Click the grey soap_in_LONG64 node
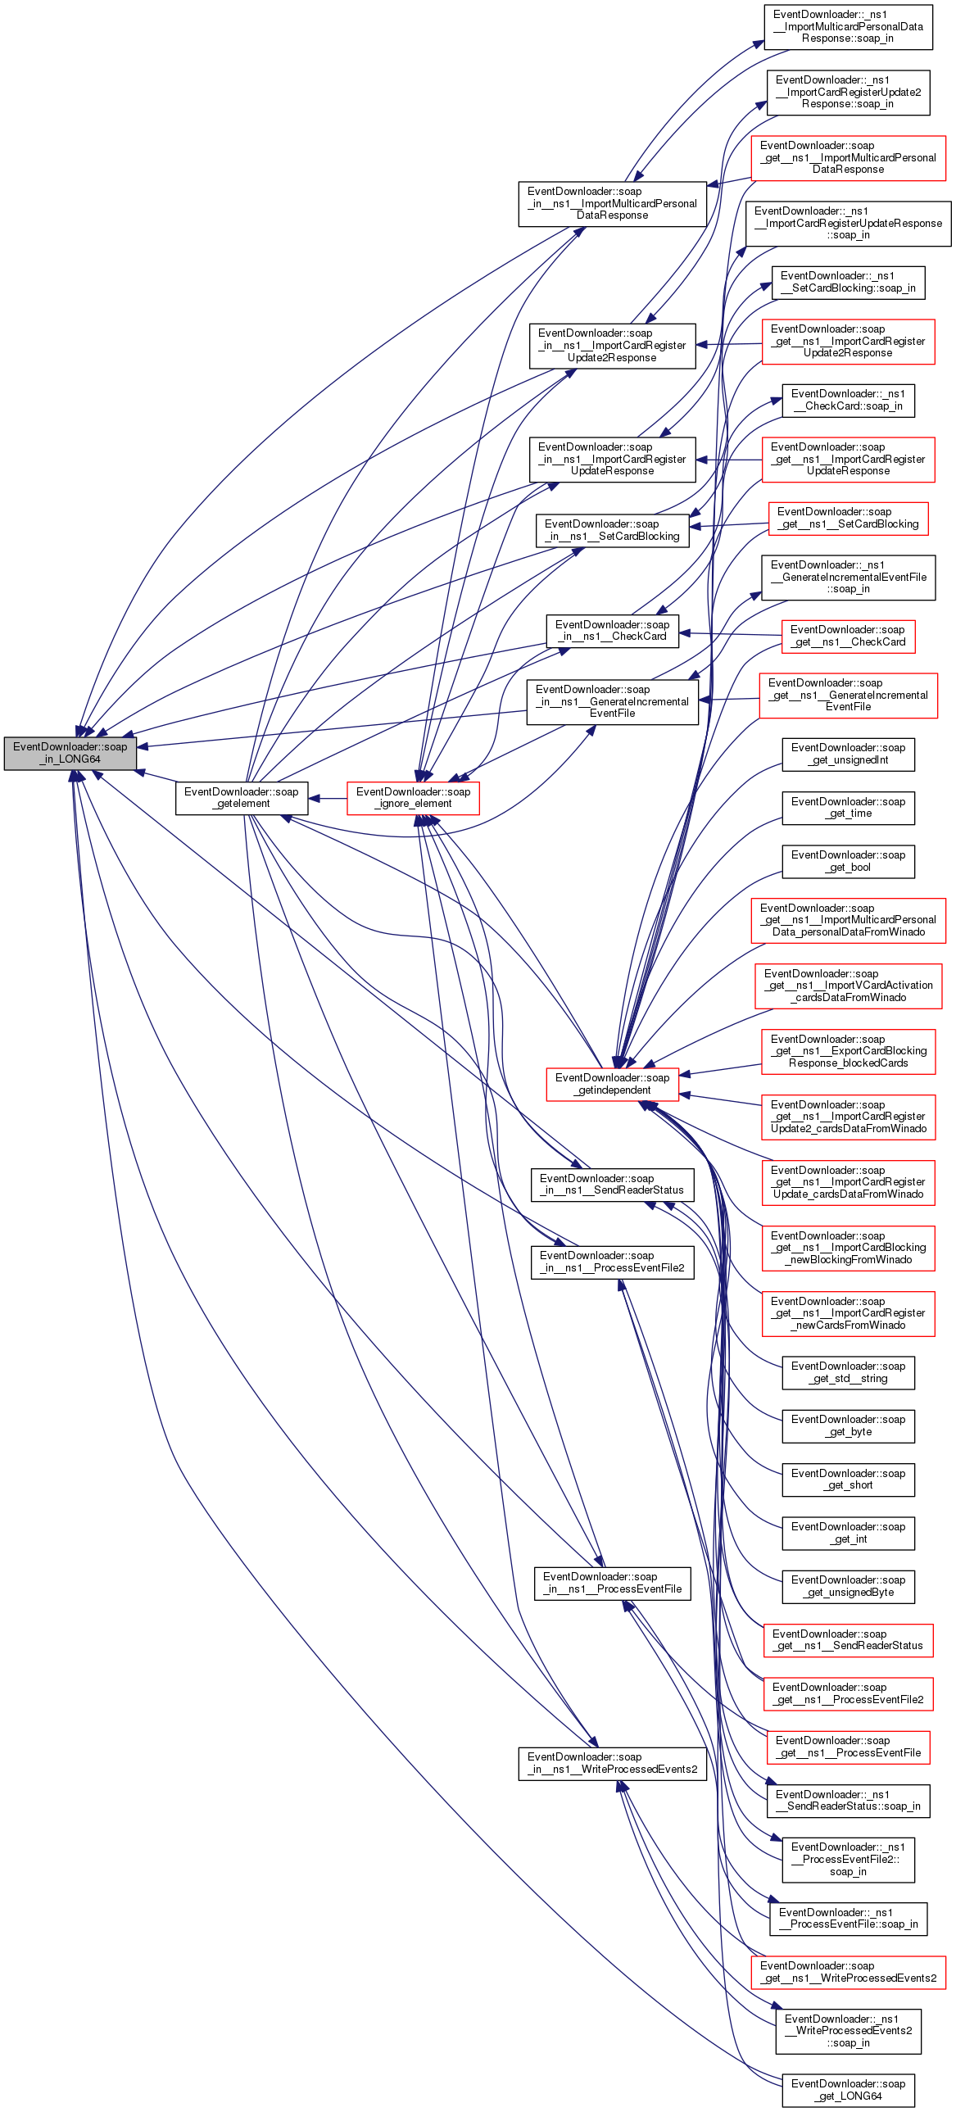point(70,754)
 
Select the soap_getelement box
point(242,798)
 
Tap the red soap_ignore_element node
point(412,798)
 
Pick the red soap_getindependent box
point(612,1084)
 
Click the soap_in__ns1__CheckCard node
point(612,631)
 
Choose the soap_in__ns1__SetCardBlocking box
point(612,531)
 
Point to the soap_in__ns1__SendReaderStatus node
point(612,1185)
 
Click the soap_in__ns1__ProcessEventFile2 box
point(612,1262)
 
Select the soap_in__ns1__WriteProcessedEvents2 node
point(612,1764)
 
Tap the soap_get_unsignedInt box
point(848,755)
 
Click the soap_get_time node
point(848,808)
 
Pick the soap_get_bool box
point(848,861)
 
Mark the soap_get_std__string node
point(848,1372)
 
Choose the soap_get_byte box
point(848,1425)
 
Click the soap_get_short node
point(848,1480)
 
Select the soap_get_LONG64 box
point(848,2090)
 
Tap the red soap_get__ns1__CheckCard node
point(848,637)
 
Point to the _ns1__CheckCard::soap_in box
point(848,400)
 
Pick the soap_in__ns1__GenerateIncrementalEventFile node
point(612,702)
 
